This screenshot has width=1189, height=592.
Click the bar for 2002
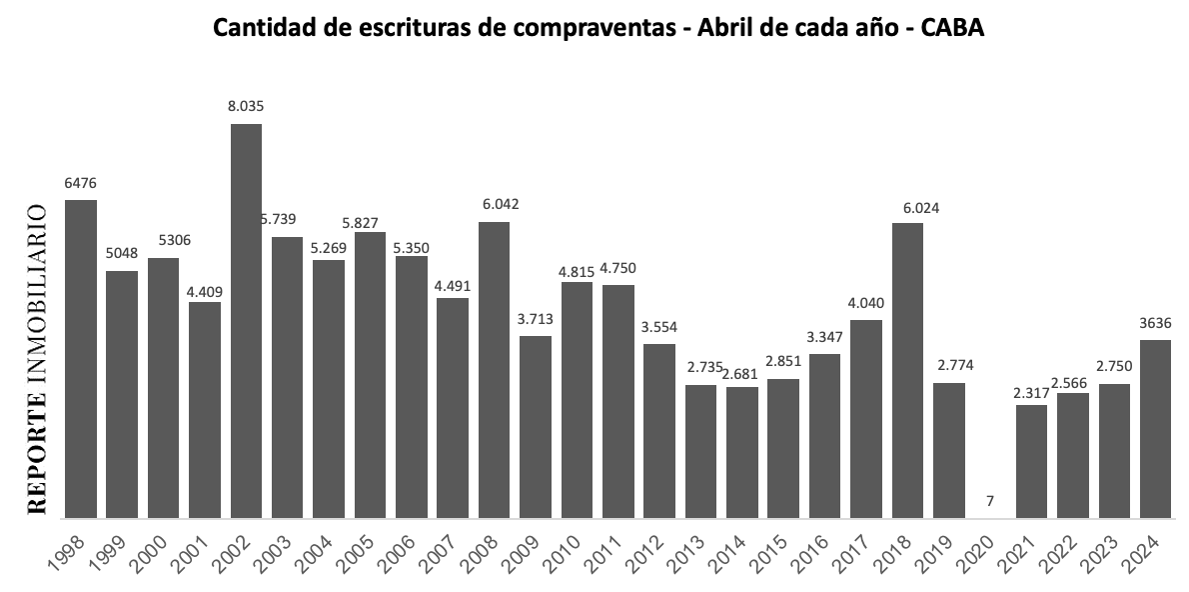pyautogui.click(x=246, y=320)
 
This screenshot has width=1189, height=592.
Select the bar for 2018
pyautogui.click(x=907, y=370)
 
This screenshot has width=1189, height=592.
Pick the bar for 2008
pyautogui.click(x=494, y=369)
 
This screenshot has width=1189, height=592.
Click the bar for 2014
pyautogui.click(x=742, y=452)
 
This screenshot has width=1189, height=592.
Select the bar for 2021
pyautogui.click(x=1031, y=461)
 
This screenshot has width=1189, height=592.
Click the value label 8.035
pyautogui.click(x=246, y=105)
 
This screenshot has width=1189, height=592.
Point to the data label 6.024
pyautogui.click(x=907, y=208)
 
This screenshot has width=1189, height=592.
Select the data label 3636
pyautogui.click(x=1155, y=323)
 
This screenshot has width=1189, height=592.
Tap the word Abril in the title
pyautogui.click(x=703, y=29)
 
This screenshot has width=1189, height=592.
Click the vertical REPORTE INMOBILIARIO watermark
pyautogui.click(x=37, y=360)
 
